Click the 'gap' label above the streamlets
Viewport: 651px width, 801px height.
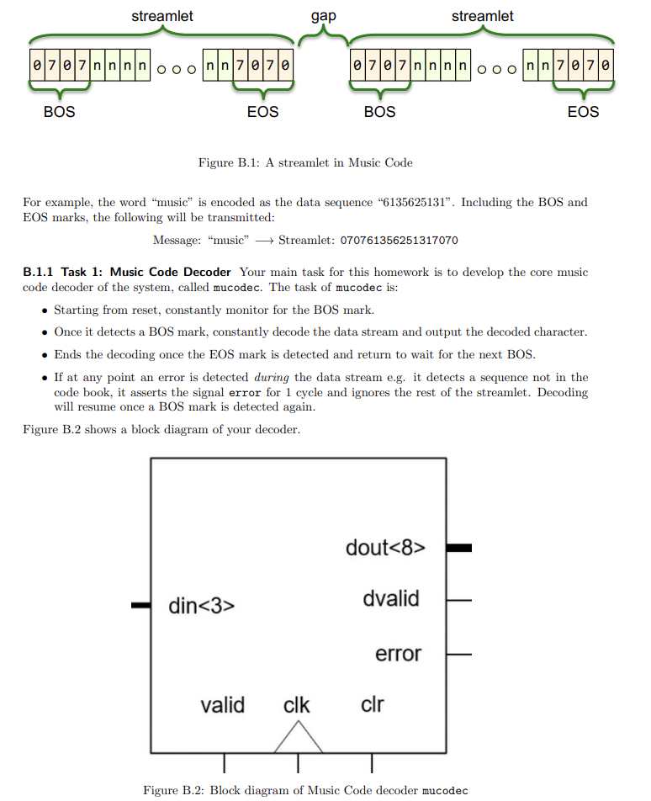click(x=323, y=16)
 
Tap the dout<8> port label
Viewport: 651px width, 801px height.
click(x=385, y=548)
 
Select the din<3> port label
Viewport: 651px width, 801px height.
click(x=201, y=605)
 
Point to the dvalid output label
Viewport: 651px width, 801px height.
click(x=391, y=599)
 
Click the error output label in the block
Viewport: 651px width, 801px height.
click(x=398, y=653)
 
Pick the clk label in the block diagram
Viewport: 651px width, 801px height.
click(x=296, y=704)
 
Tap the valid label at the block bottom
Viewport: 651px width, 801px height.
click(x=222, y=704)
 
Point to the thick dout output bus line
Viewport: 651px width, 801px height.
click(x=458, y=548)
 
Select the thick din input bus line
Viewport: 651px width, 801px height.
click(x=141, y=605)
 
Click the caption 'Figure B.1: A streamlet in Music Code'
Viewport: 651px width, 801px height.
click(x=305, y=162)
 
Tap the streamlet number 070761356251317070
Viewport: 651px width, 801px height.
click(x=399, y=241)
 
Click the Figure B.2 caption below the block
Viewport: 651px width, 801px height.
click(x=305, y=790)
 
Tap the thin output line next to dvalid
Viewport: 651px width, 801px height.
click(x=458, y=601)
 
